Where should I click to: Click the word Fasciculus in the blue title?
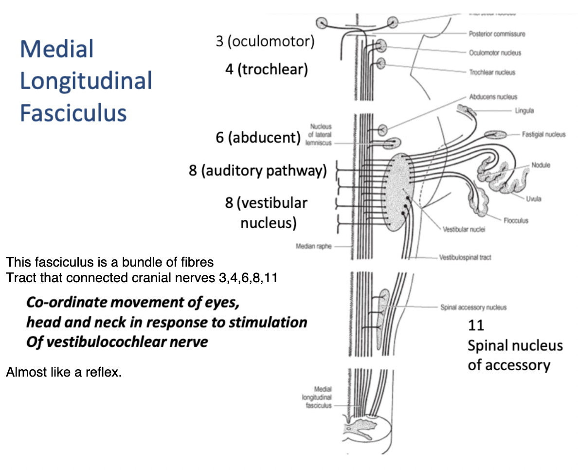(73, 112)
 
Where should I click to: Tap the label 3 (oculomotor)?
(265, 41)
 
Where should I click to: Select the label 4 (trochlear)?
(267, 70)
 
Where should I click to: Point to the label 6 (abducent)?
(258, 138)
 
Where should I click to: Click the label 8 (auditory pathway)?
(258, 171)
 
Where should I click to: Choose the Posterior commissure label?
(497, 34)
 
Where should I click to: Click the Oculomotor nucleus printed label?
(495, 53)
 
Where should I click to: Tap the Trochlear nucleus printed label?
(492, 72)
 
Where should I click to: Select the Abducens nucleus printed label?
(493, 97)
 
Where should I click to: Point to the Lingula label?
(524, 110)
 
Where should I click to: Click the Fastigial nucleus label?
(544, 134)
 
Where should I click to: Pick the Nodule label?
(541, 165)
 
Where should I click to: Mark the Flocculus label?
(516, 220)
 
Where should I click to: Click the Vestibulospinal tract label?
(465, 257)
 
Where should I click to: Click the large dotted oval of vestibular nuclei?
(400, 193)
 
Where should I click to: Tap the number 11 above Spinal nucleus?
(476, 325)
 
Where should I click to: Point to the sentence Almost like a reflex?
(63, 373)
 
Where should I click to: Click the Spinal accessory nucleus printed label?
(473, 307)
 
